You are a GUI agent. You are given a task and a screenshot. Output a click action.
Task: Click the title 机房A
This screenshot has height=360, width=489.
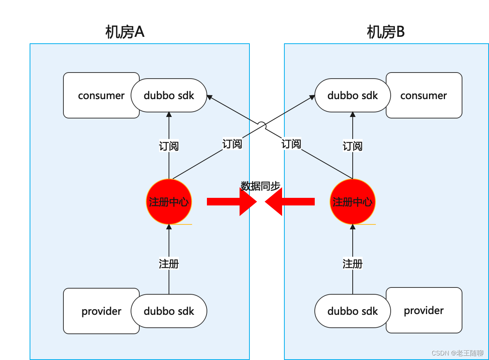(125, 33)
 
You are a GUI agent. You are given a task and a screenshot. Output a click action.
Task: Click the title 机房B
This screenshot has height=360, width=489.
(385, 33)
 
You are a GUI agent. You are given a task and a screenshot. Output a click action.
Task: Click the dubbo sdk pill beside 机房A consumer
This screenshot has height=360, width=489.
(169, 95)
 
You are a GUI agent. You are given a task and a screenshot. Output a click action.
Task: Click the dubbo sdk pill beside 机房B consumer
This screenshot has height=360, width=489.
(353, 95)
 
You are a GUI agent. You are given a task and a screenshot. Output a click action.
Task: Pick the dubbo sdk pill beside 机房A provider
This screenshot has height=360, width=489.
(169, 311)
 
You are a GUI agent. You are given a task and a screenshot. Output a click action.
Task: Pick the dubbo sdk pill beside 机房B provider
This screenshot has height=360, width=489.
(353, 311)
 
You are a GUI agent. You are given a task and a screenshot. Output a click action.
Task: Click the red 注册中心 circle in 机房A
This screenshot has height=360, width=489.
(169, 202)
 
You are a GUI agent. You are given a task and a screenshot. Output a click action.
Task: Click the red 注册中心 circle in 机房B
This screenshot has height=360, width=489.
(353, 202)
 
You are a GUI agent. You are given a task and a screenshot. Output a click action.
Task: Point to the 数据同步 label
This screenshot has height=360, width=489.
(260, 186)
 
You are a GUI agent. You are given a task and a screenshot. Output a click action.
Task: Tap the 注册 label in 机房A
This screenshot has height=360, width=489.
(169, 264)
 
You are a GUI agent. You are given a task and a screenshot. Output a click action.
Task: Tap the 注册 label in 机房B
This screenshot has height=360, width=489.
(353, 264)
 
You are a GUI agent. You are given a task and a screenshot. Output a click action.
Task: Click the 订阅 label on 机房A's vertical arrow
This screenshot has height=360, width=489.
(169, 146)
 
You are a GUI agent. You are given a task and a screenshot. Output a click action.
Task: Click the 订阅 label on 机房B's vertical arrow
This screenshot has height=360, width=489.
(353, 146)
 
